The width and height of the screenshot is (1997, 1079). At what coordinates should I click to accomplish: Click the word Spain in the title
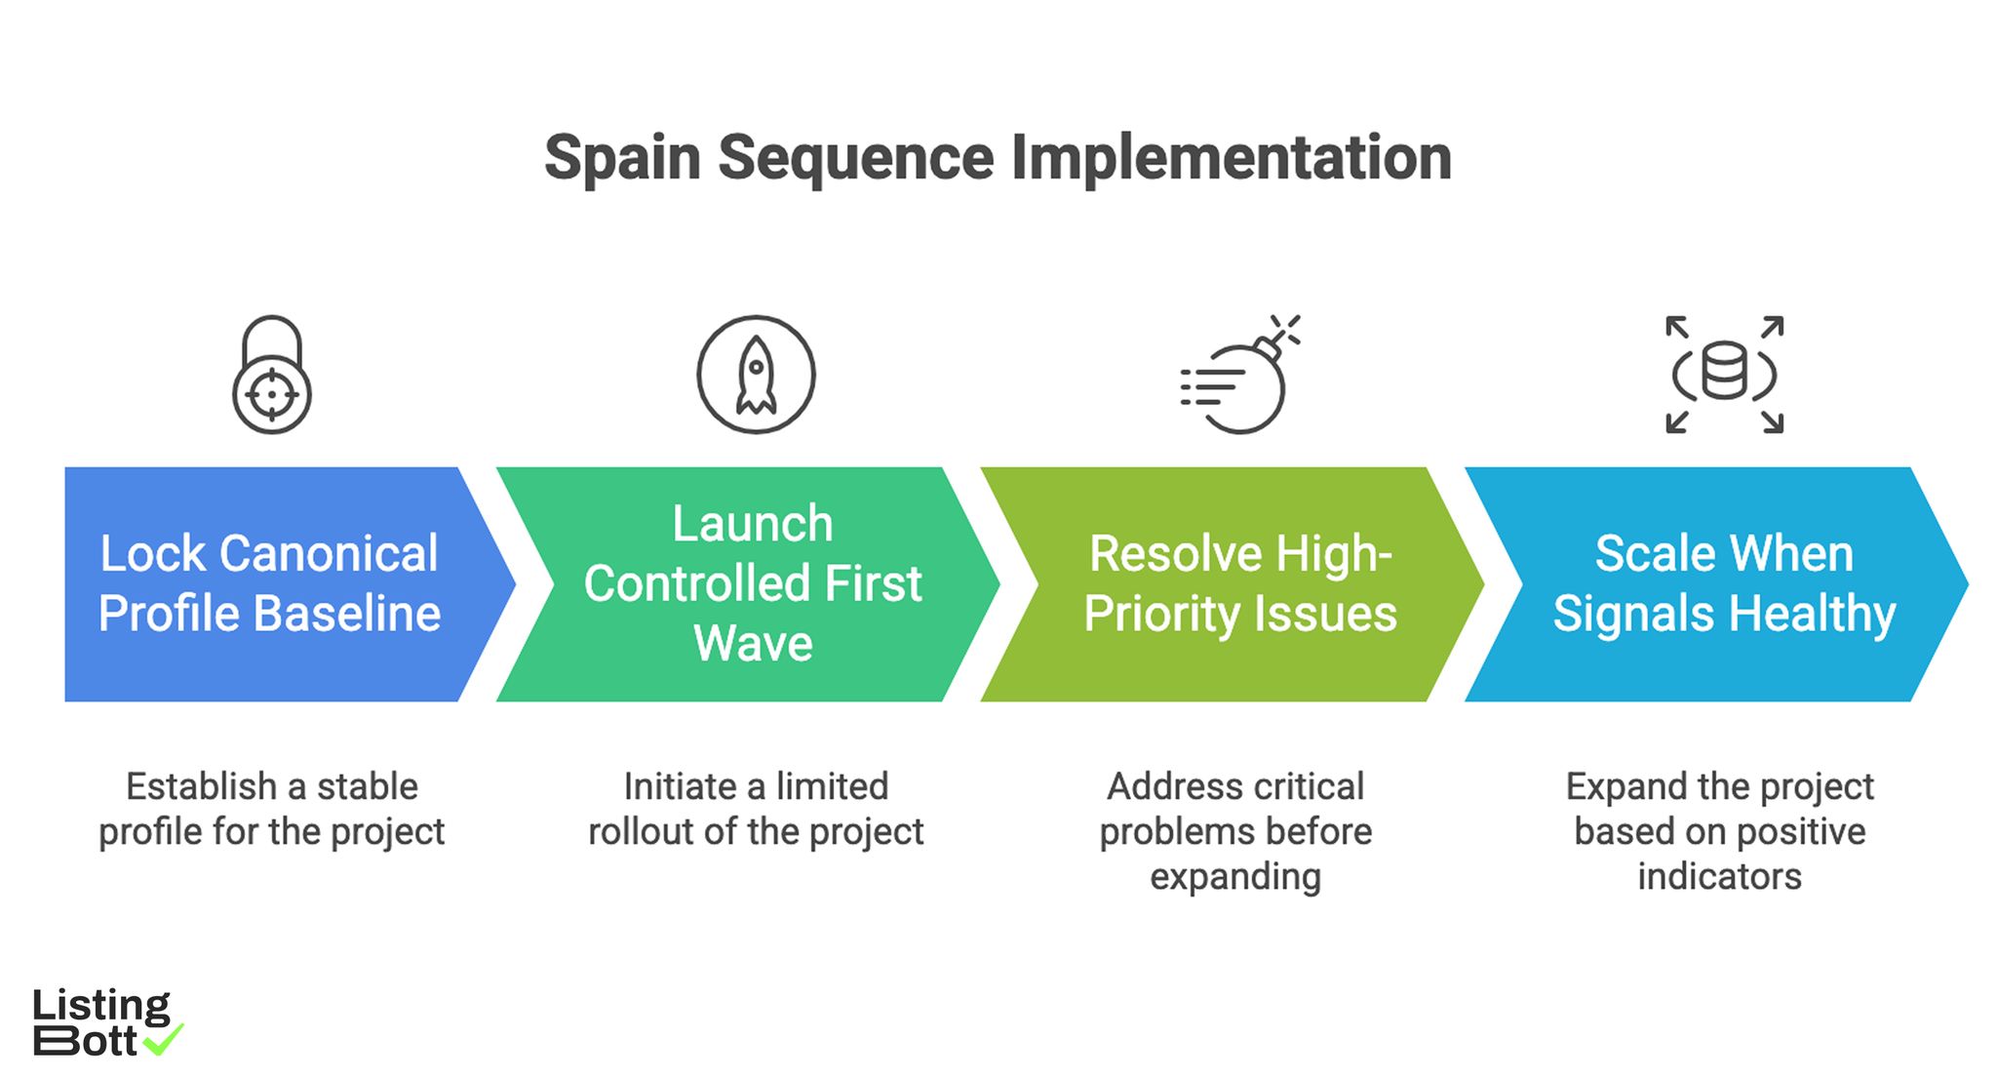pos(622,158)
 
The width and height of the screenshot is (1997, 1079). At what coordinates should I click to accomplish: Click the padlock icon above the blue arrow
pos(271,375)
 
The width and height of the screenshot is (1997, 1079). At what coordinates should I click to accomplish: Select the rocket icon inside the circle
pos(756,375)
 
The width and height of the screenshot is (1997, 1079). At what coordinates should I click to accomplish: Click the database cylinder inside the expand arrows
pos(1724,371)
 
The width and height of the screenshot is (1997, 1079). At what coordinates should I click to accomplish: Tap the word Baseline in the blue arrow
pos(347,614)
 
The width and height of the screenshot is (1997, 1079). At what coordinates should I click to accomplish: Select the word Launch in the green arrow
pos(752,524)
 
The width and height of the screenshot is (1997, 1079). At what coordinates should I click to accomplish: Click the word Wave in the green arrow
pos(752,644)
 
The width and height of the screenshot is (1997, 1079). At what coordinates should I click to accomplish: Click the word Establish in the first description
pos(201,786)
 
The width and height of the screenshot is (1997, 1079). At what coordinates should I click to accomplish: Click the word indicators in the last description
pos(1719,876)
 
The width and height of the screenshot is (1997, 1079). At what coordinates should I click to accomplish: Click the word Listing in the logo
pos(100,1006)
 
